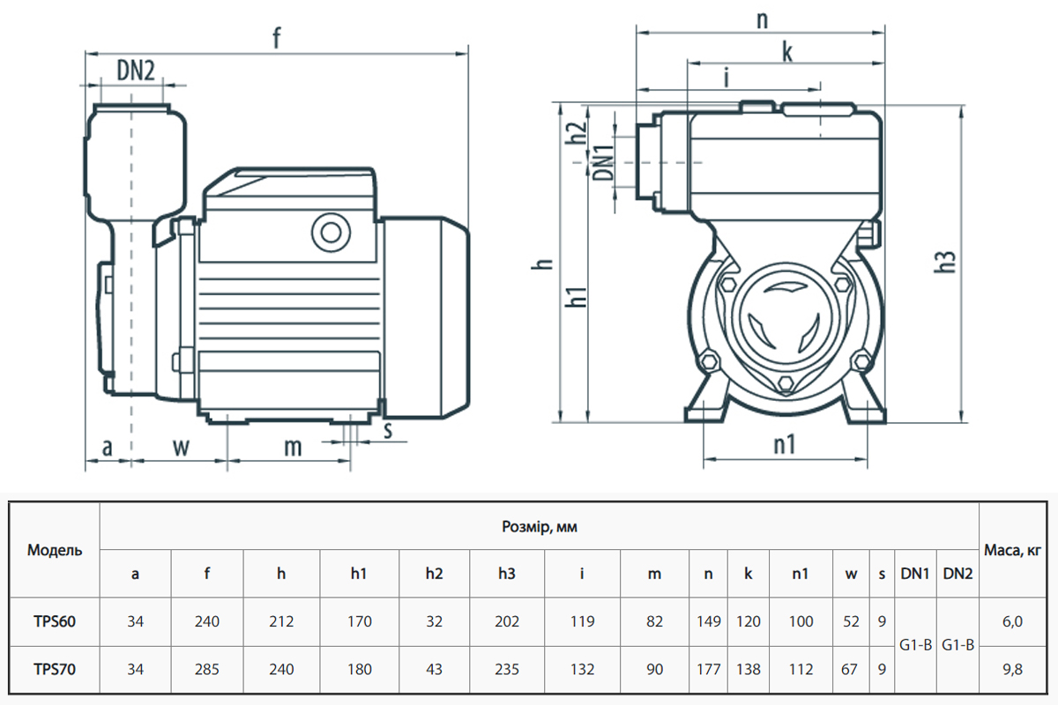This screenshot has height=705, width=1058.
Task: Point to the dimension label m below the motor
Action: click(x=293, y=447)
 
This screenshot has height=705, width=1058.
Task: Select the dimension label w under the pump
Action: click(x=180, y=447)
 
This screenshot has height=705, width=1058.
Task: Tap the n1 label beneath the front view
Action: click(x=785, y=445)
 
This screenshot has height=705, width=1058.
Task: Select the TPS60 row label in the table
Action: click(x=55, y=622)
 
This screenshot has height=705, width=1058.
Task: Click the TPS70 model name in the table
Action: click(x=55, y=670)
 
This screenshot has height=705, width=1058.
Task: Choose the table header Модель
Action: click(x=55, y=551)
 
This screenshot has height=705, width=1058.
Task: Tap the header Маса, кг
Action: click(x=1013, y=551)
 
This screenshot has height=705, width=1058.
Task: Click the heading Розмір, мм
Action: click(x=540, y=527)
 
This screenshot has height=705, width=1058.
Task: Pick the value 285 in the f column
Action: click(x=207, y=670)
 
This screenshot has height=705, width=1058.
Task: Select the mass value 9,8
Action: click(x=1013, y=670)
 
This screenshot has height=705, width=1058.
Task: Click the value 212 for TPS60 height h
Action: click(x=281, y=622)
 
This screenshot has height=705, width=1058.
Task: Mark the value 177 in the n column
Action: click(x=709, y=670)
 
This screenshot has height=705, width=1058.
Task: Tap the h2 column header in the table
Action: click(x=434, y=575)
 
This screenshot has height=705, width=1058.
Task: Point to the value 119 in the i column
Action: click(x=582, y=622)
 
